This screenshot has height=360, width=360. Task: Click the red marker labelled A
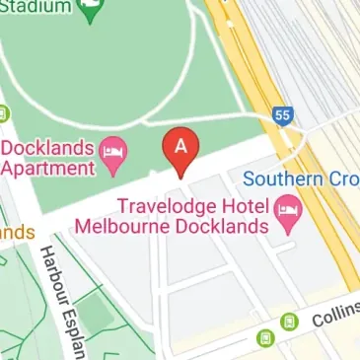tap(180, 148)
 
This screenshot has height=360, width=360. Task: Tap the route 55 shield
tap(283, 115)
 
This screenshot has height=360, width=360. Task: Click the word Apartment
tap(48, 167)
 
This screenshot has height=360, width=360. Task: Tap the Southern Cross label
tap(301, 180)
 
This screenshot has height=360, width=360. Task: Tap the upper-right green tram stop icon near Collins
tap(288, 322)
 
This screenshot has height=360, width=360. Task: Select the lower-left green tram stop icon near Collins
tap(265, 338)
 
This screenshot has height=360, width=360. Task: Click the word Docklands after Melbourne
tap(219, 226)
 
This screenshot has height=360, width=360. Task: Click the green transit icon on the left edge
tap(3, 112)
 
